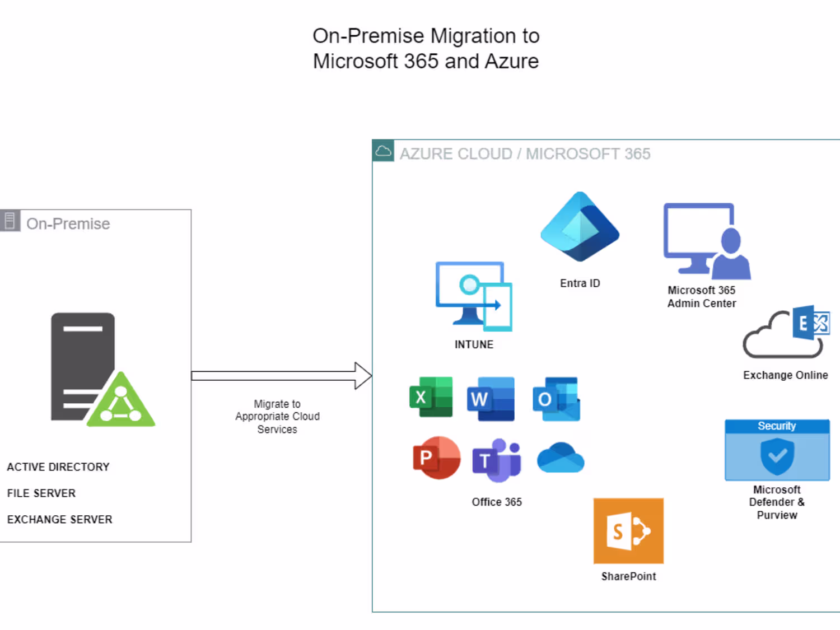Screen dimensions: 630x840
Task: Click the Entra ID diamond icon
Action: point(580,227)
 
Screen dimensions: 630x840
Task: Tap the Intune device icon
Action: point(474,296)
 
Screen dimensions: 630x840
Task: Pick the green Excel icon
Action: point(431,397)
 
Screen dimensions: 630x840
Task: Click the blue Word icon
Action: point(491,399)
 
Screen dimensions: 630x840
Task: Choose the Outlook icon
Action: point(556,399)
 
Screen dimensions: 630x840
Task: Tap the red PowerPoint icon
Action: point(436,458)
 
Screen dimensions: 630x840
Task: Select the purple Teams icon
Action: point(497,460)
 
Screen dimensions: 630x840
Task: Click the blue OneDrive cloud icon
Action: point(561,458)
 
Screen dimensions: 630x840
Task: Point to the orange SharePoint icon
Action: point(628,531)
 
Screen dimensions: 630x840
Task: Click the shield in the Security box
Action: point(777,456)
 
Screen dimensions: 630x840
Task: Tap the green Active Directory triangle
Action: point(121,401)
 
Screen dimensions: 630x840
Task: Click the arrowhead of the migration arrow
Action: point(363,376)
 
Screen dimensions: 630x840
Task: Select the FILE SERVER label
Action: point(41,493)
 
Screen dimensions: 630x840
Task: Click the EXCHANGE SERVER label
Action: point(59,520)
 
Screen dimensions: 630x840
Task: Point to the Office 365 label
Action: point(497,502)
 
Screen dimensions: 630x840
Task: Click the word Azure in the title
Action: point(511,61)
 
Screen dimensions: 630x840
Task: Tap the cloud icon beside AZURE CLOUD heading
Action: point(384,151)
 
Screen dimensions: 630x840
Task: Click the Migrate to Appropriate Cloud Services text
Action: point(277,417)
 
